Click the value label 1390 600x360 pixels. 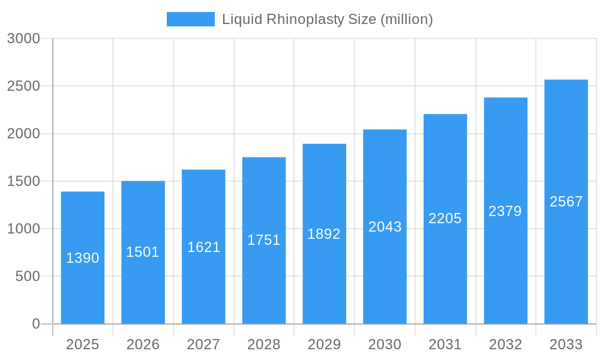(83, 258)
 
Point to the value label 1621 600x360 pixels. (203, 247)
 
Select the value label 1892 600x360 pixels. (324, 234)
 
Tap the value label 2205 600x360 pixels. (445, 218)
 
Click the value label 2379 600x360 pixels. (505, 211)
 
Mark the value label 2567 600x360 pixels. (566, 202)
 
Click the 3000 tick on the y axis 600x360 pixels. (23, 38)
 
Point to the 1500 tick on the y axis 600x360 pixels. (23, 181)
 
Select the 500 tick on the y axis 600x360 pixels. (28, 277)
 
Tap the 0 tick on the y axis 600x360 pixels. (35, 324)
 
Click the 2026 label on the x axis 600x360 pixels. (143, 344)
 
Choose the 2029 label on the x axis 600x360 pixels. (324, 344)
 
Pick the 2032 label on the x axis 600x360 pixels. (505, 344)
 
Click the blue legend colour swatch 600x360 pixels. (190, 19)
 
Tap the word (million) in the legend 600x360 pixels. (406, 19)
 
